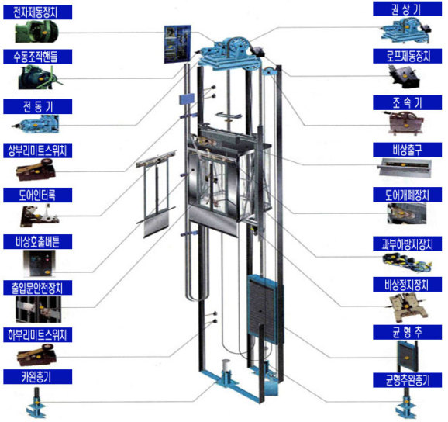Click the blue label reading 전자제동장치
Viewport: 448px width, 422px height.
pyautogui.click(x=37, y=12)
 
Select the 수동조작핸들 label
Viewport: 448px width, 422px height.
pyautogui.click(x=37, y=57)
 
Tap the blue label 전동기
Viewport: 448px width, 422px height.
pyautogui.click(x=37, y=106)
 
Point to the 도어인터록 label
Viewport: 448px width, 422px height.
pyautogui.click(x=37, y=195)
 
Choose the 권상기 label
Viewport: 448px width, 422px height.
pyautogui.click(x=407, y=9)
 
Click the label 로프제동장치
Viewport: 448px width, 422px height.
pyautogui.click(x=407, y=56)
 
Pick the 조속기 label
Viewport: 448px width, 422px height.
pyautogui.click(x=407, y=103)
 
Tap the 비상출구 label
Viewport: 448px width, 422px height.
pyautogui.click(x=407, y=150)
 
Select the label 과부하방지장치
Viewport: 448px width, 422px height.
pyautogui.click(x=407, y=244)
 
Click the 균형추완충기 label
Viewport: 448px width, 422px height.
pyautogui.click(x=407, y=380)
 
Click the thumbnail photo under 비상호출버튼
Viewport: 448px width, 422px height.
pyautogui.click(x=40, y=263)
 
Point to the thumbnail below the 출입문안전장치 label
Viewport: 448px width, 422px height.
pyautogui.click(x=38, y=310)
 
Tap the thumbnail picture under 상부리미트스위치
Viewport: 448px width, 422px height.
pyautogui.click(x=36, y=170)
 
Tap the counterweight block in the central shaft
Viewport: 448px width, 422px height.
pyautogui.click(x=262, y=308)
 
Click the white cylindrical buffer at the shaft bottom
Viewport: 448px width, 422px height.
pyautogui.click(x=226, y=365)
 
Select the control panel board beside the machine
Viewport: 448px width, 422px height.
pyautogui.click(x=177, y=44)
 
